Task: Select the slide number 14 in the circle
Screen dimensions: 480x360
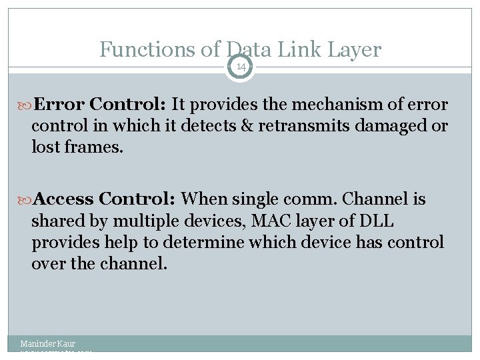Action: click(x=240, y=67)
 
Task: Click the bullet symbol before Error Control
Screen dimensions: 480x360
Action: click(x=27, y=105)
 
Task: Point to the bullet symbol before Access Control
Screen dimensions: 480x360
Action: click(x=27, y=199)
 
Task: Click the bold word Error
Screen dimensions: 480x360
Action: click(x=60, y=105)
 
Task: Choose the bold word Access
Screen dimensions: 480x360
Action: click(x=64, y=199)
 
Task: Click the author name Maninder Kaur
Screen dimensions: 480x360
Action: click(x=48, y=343)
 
